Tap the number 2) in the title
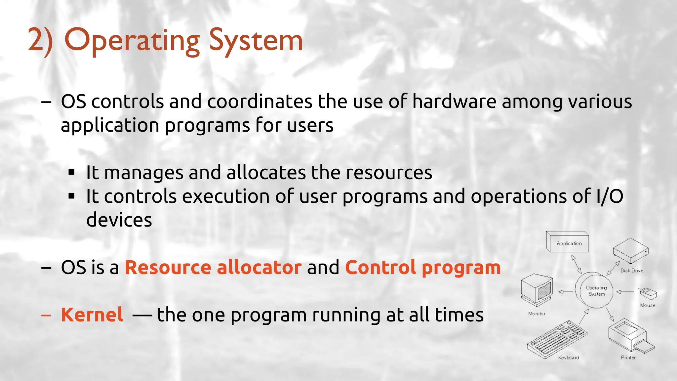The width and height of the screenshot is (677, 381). pos(40,41)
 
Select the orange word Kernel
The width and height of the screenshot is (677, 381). pos(92,315)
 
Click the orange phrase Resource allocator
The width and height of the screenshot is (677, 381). pos(213,267)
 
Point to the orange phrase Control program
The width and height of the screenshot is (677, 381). pos(423,267)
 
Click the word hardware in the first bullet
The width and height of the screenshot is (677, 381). pos(454,101)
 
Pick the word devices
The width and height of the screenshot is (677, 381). pos(119,220)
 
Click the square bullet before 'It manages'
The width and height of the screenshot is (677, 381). pos(72,172)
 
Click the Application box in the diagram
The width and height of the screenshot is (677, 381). pos(568,242)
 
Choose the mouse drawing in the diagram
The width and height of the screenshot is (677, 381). pos(648,293)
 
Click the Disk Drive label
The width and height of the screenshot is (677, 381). pos(632,271)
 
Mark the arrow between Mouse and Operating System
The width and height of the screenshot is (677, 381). pos(625,292)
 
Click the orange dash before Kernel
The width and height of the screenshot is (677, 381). pos(46,315)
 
